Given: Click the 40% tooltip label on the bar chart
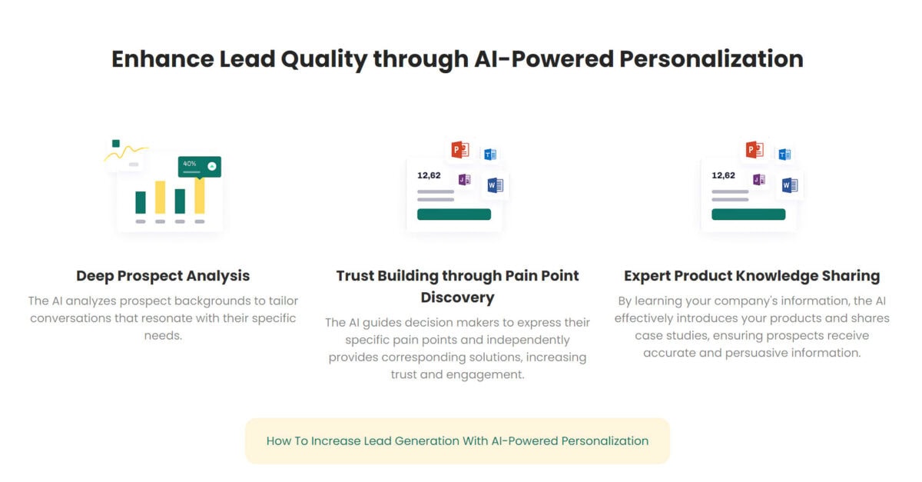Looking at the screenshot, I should [x=190, y=164].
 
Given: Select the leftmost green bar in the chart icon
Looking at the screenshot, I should [x=141, y=202].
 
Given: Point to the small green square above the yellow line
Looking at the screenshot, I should [x=116, y=143].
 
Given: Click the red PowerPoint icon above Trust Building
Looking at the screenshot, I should [x=460, y=150].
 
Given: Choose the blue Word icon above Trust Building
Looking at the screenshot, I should [x=496, y=185].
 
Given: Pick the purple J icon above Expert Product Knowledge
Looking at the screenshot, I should [x=759, y=180].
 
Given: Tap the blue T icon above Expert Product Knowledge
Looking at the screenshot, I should [x=784, y=155].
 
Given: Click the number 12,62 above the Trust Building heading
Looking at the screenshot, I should [x=429, y=175].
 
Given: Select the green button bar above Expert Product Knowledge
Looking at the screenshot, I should [x=748, y=214].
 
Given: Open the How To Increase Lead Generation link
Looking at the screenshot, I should [x=457, y=441].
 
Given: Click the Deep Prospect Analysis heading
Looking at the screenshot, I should [x=163, y=275].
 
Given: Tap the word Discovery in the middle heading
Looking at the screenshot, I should [x=457, y=297].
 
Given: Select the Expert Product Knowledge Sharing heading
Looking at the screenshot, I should [x=751, y=275].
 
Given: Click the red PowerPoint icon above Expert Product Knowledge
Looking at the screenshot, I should [x=755, y=150].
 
